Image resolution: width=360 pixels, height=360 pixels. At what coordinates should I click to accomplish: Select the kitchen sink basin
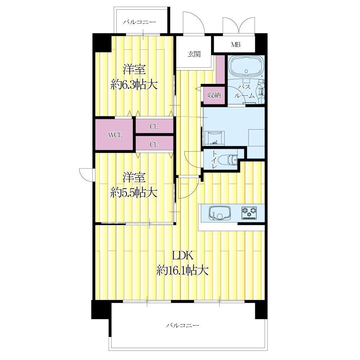pos(220,213)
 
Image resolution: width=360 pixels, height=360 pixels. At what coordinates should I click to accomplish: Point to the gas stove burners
pos(249,212)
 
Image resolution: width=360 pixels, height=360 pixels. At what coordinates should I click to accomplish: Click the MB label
pos(236,45)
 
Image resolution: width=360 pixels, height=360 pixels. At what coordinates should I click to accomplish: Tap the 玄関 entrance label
pos(194,54)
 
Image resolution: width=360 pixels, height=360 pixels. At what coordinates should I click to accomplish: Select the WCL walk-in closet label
pos(115,135)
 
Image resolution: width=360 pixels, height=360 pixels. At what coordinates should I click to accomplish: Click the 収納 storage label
pos(214,95)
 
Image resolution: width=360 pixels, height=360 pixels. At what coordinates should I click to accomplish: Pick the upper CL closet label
pos(154,126)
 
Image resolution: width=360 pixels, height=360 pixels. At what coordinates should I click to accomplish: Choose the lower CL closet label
pos(154,144)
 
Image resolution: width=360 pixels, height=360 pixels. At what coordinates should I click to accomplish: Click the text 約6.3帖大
pos(134,85)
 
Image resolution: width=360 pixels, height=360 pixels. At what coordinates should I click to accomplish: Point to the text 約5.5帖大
pos(134,192)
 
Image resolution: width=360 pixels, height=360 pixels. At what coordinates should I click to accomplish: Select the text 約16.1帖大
pos(183,270)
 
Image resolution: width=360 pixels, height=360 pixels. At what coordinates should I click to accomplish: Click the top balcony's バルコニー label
pos(139,22)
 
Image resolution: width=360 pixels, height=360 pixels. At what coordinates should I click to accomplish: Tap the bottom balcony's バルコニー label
pos(183,325)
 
